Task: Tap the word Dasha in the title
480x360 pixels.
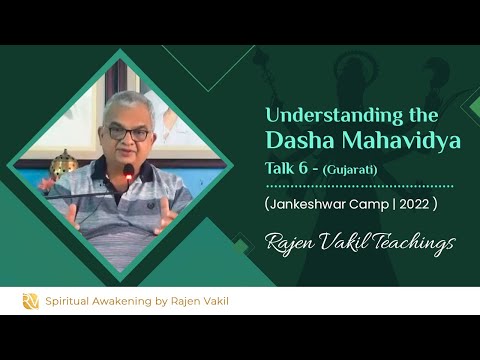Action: click(299, 141)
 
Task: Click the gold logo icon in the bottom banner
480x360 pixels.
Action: click(31, 301)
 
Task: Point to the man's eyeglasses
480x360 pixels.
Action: click(127, 131)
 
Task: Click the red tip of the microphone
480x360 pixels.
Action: click(128, 177)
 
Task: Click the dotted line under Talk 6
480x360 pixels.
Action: click(360, 185)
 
